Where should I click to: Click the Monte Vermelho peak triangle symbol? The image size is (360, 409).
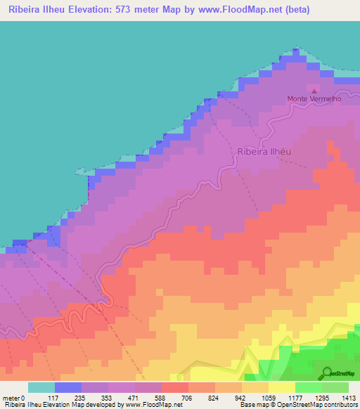pyautogui.click(x=314, y=91)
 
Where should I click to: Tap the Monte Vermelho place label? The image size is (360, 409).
pyautogui.click(x=314, y=99)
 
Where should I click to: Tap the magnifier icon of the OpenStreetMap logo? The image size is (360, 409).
pyautogui.click(x=327, y=372)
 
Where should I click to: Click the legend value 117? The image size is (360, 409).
pyautogui.click(x=55, y=397)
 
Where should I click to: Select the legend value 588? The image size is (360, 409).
pyautogui.click(x=162, y=397)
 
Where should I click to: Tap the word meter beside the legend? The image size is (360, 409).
pyautogui.click(x=12, y=397)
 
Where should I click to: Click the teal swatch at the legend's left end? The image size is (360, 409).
pyautogui.click(x=41, y=387)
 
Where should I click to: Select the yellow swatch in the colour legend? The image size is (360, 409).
pyautogui.click(x=281, y=387)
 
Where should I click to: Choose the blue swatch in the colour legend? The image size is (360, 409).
pyautogui.click(x=68, y=387)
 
